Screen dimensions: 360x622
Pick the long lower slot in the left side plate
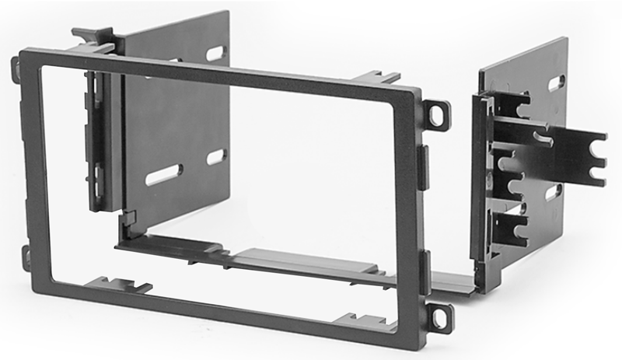(x=163, y=174)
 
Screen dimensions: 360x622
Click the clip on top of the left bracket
(x=92, y=36)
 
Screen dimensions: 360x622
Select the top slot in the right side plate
(x=556, y=83)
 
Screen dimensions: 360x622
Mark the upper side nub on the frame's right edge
(x=424, y=166)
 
